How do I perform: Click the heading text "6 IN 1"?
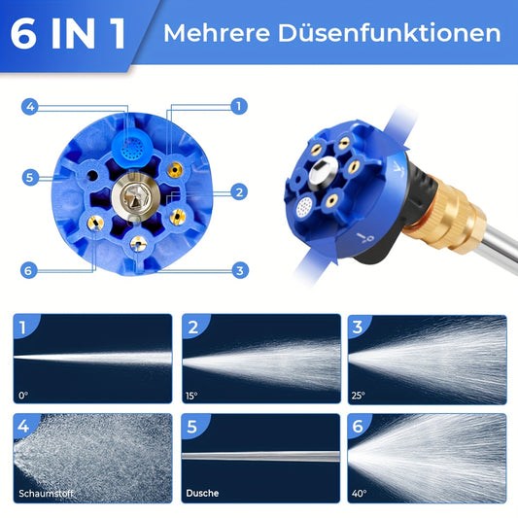point(68,34)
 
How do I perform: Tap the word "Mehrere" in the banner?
point(217,33)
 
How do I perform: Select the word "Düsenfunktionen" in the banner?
point(390,32)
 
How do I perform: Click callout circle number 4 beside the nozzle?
point(30,107)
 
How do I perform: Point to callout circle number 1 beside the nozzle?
point(239,106)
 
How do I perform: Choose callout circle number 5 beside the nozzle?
point(30,178)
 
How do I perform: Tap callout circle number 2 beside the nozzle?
point(239,191)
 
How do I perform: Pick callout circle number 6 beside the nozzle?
point(29,270)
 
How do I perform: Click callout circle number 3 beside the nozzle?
point(240,270)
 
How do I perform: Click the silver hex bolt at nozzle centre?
point(136,197)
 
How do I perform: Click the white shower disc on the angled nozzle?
point(304,207)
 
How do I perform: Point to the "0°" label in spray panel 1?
point(23,396)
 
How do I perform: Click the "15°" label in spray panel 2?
point(191,396)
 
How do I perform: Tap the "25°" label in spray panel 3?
point(359,396)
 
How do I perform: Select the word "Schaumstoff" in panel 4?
point(46,494)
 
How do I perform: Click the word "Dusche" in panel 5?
point(202,494)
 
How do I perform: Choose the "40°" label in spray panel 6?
point(359,494)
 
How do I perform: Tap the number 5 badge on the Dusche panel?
point(191,427)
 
